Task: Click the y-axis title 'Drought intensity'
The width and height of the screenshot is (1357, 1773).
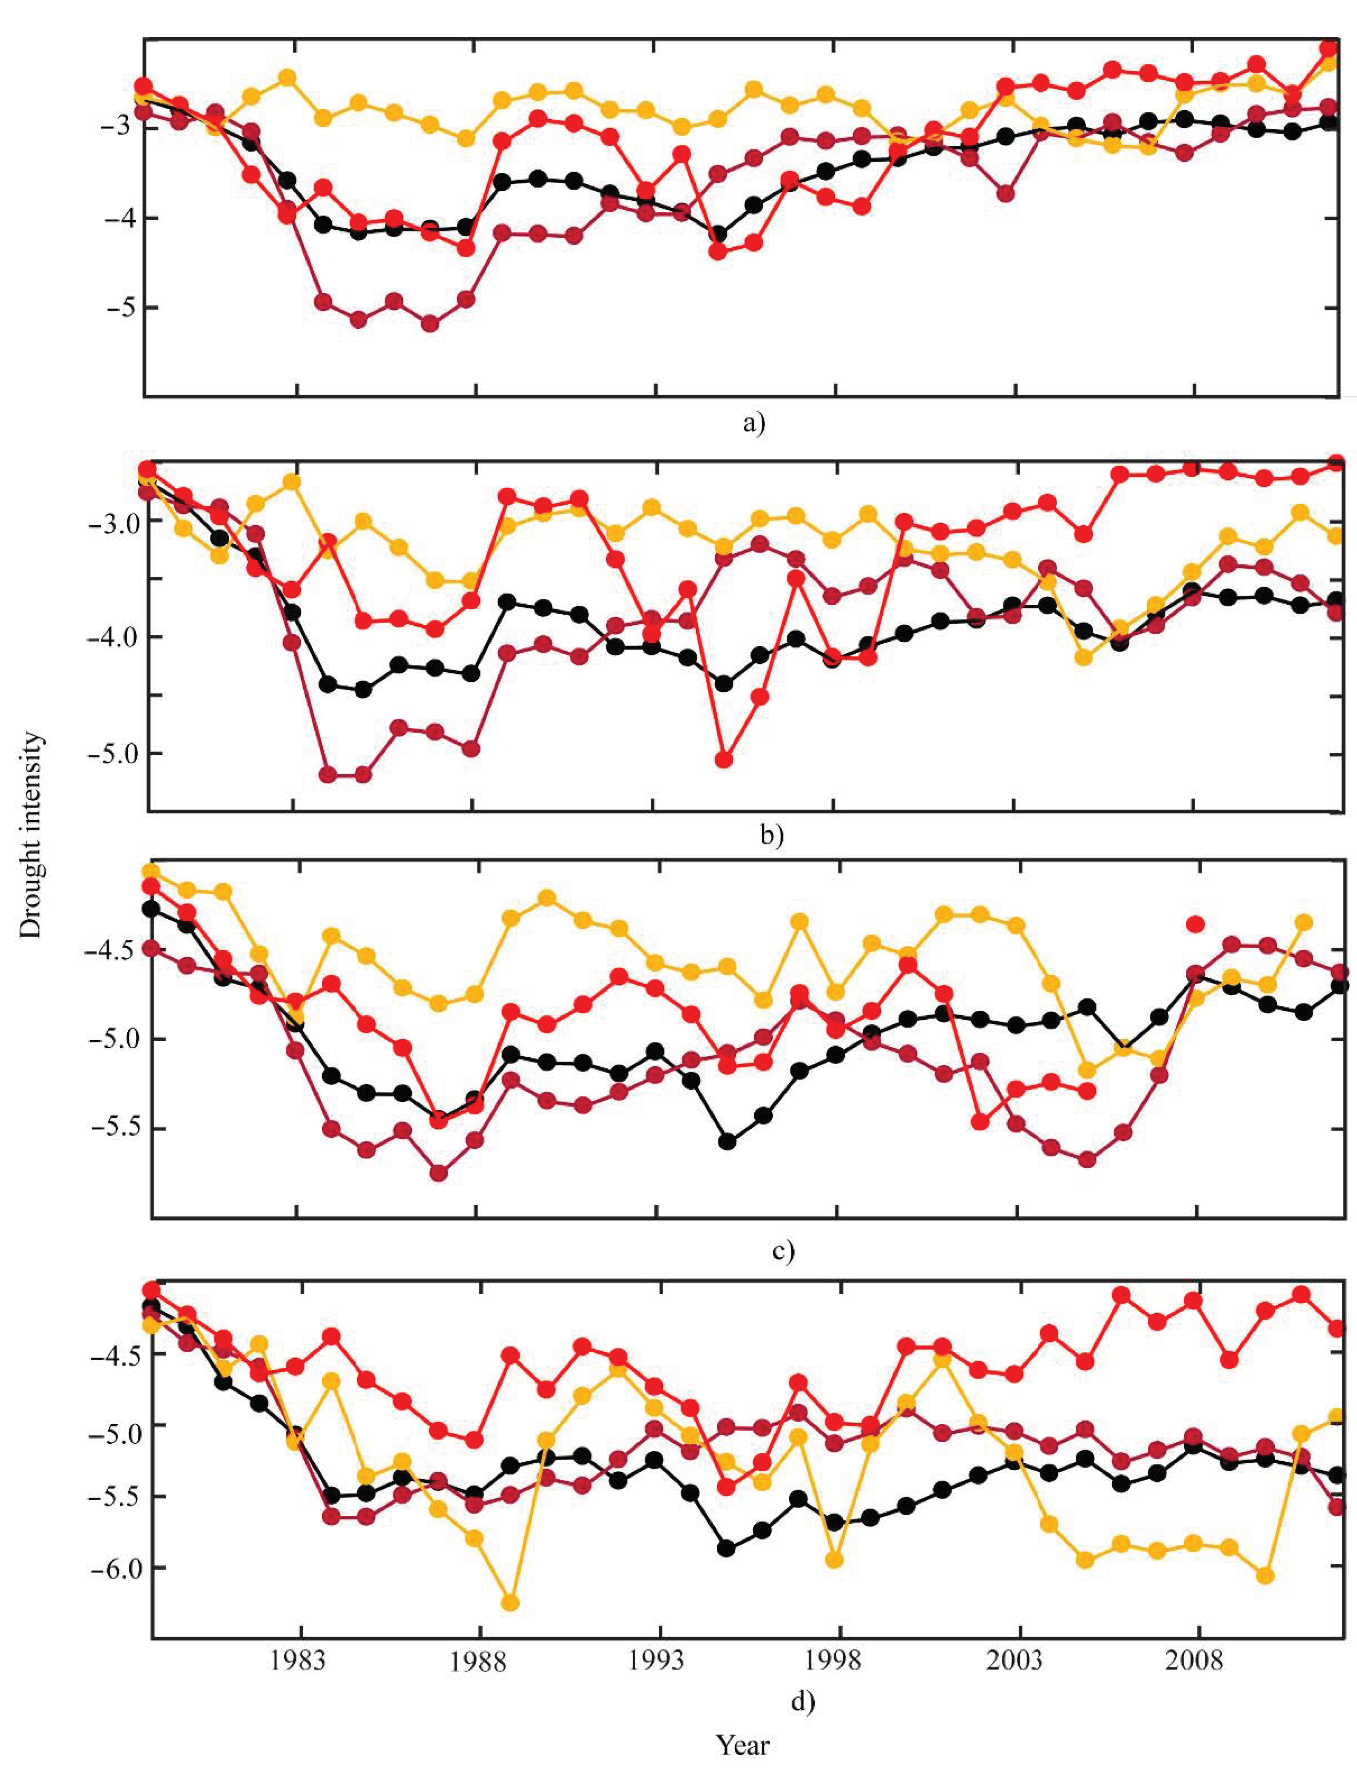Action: [31, 834]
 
